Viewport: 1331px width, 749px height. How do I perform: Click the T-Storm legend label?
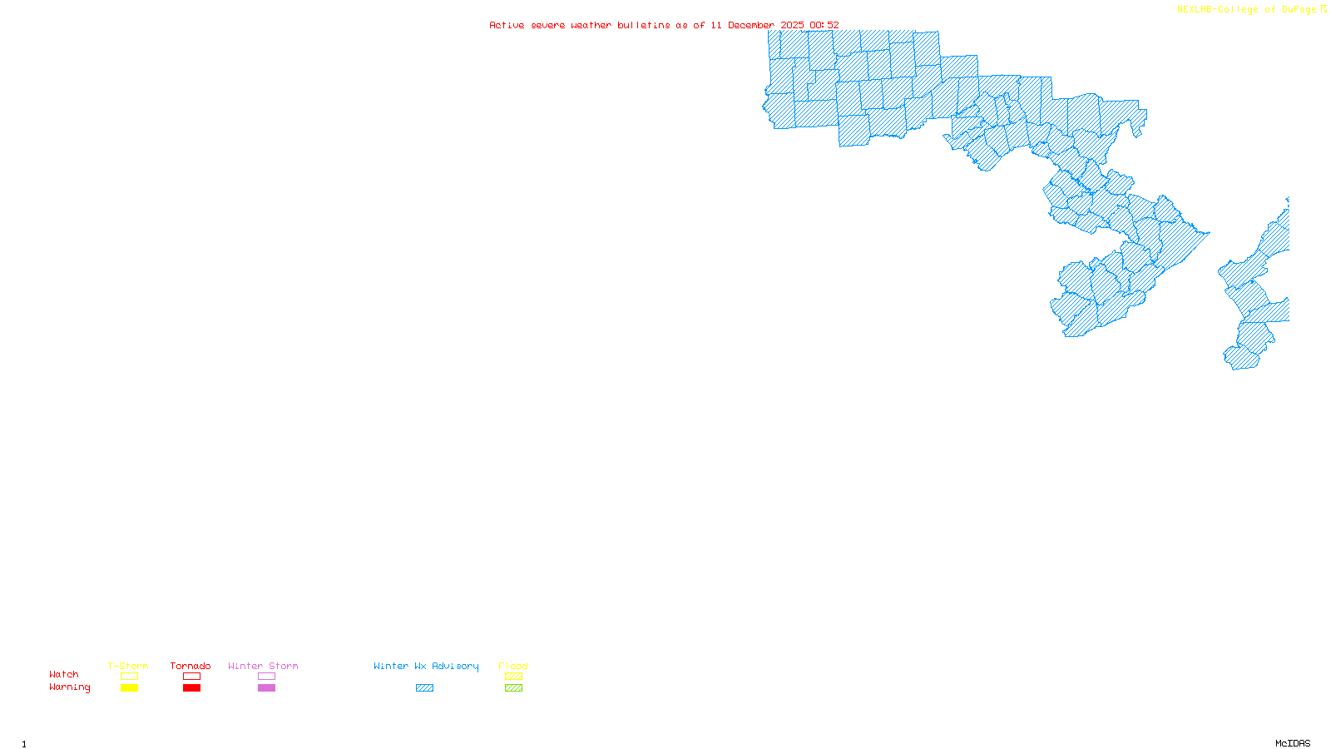(x=128, y=666)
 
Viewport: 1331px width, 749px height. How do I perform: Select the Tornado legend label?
(x=190, y=666)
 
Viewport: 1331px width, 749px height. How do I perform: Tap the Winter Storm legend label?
(x=263, y=666)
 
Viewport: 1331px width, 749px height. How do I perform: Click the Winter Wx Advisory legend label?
(x=426, y=666)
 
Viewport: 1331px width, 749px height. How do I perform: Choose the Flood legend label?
(x=513, y=666)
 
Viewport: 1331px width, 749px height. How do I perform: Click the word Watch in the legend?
(x=64, y=674)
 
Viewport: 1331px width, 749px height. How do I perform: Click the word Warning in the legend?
(x=70, y=687)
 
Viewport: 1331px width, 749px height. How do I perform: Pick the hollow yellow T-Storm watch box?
(x=129, y=677)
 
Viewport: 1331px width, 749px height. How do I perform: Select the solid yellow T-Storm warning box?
(x=129, y=688)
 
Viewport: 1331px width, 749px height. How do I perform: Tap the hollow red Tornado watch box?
(x=191, y=677)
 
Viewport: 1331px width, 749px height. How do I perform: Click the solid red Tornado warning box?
(x=191, y=688)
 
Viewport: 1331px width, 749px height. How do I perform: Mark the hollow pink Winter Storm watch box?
(x=266, y=677)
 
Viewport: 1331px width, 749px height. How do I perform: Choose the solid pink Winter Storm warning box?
(x=266, y=688)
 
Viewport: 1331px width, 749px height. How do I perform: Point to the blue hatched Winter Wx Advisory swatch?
(x=424, y=688)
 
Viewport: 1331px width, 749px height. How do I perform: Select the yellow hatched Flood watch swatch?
(x=513, y=677)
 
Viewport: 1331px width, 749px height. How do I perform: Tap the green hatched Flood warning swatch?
(x=513, y=688)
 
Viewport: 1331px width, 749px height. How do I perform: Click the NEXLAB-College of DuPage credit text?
(x=1247, y=9)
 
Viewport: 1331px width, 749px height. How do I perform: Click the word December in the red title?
(x=751, y=25)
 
